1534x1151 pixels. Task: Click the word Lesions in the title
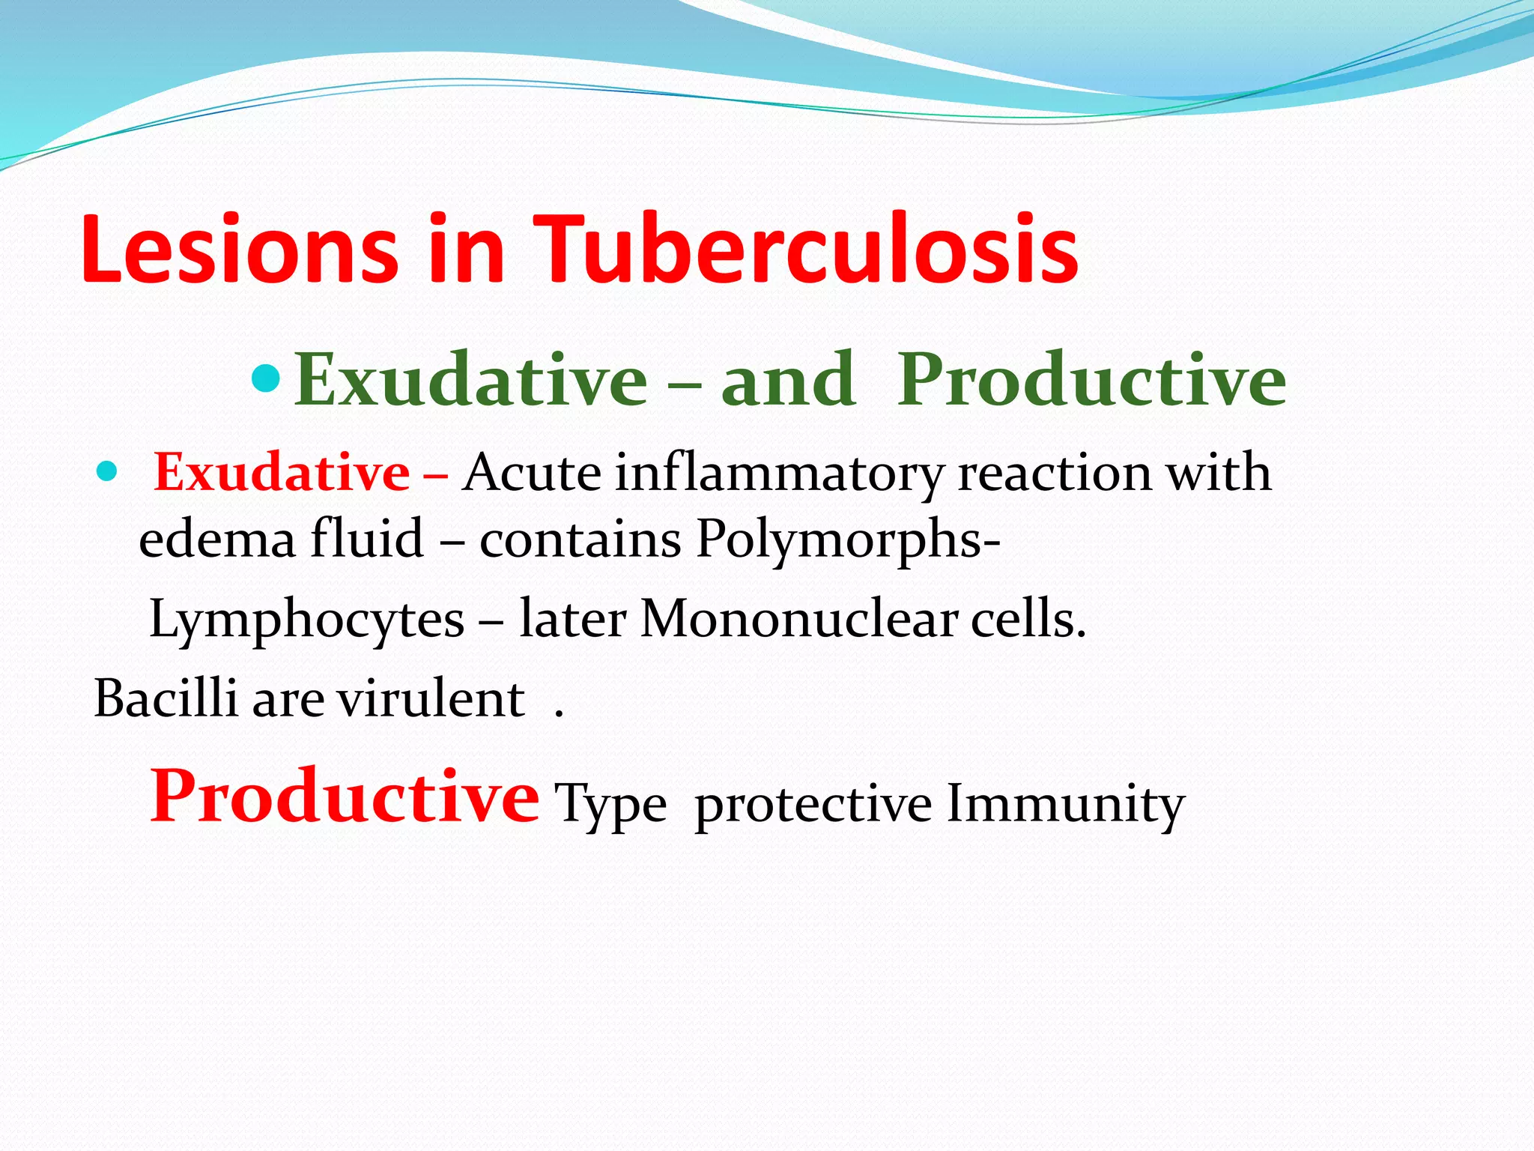238,250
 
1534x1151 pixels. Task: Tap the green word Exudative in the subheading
470,381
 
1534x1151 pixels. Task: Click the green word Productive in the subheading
1091,381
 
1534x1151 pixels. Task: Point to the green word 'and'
787,381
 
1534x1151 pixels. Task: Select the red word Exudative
282,474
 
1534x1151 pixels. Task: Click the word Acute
531,474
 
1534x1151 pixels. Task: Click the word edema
217,540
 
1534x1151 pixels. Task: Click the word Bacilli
166,699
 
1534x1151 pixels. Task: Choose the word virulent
430,699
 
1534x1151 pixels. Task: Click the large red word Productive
344,797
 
